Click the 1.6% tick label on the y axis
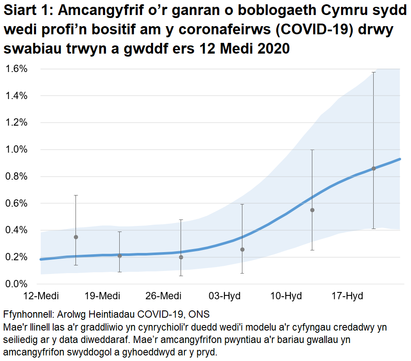(x=16, y=69)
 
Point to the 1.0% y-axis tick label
(x=16, y=150)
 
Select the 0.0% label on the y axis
(x=16, y=284)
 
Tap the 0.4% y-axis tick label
(x=16, y=230)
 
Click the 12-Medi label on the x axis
(x=41, y=296)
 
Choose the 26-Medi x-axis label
(x=163, y=296)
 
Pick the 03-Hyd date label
(x=225, y=296)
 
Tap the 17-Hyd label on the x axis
(x=348, y=296)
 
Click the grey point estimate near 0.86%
(x=374, y=168)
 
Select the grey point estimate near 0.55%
(x=312, y=210)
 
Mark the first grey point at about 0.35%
(x=76, y=237)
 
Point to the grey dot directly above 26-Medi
(x=181, y=257)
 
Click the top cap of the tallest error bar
(x=374, y=72)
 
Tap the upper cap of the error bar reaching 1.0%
(x=312, y=150)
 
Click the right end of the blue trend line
(x=400, y=159)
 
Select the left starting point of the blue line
(x=40, y=259)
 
